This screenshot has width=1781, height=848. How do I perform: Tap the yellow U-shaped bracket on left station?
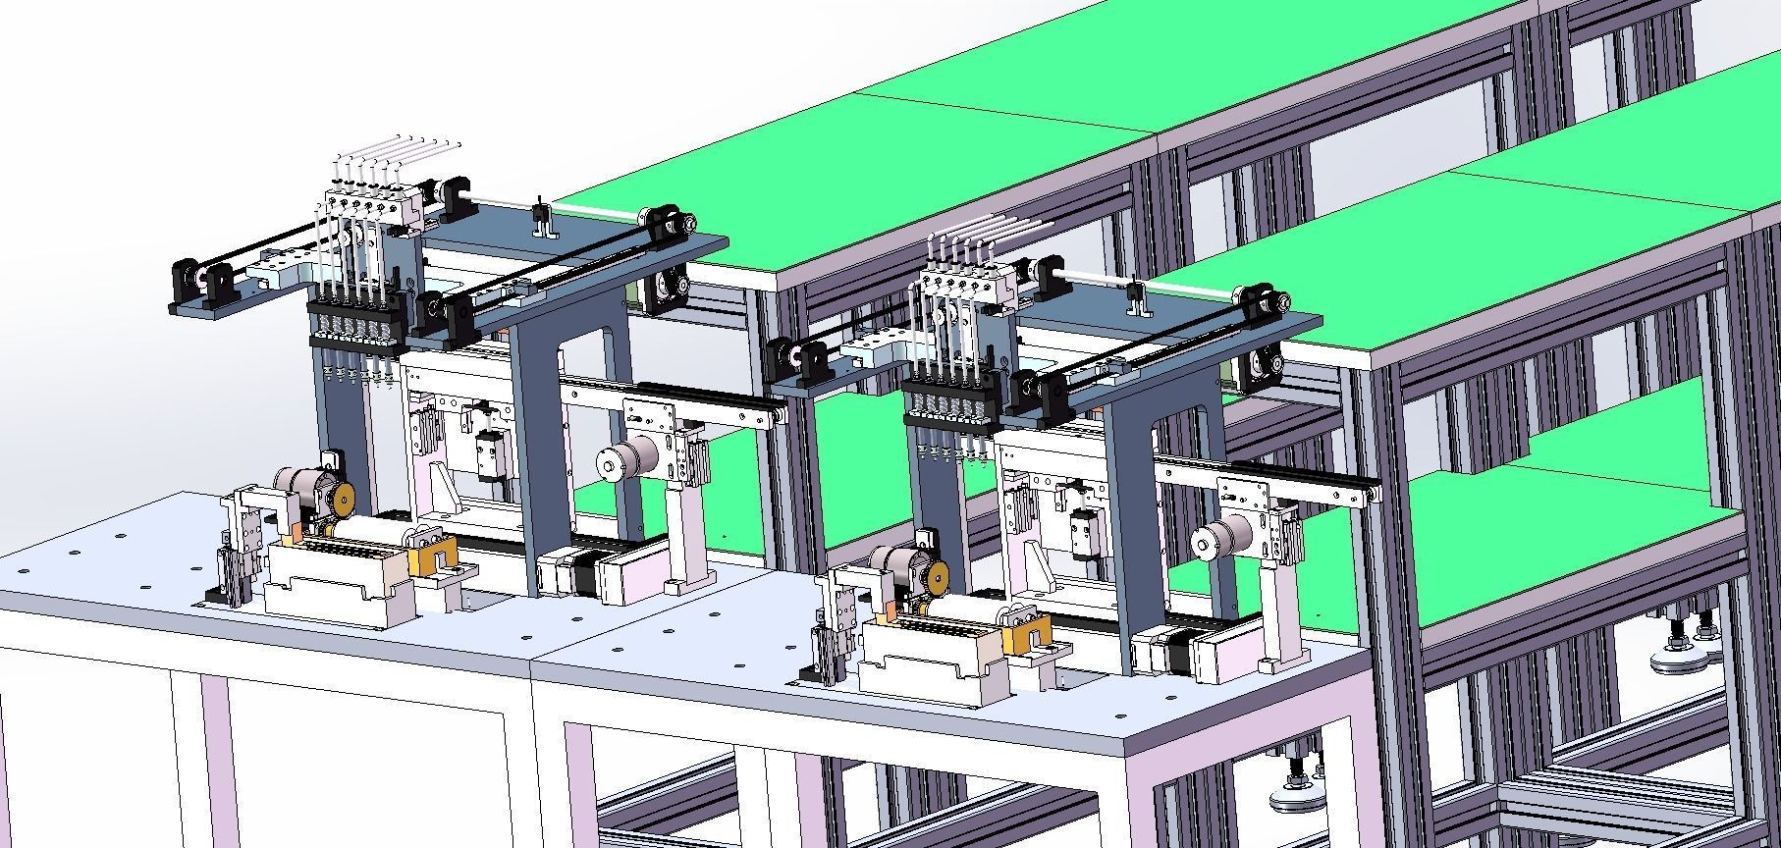point(432,556)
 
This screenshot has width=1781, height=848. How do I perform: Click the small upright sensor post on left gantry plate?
point(539,221)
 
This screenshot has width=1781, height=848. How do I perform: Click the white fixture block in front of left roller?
point(334,583)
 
